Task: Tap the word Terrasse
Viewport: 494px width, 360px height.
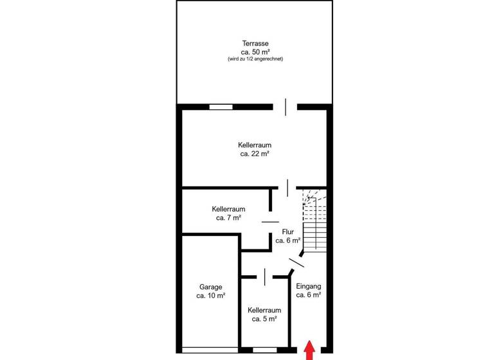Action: click(255, 43)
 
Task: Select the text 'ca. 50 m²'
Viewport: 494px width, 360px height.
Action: click(255, 51)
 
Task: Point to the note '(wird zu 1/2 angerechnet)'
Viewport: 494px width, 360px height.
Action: click(255, 59)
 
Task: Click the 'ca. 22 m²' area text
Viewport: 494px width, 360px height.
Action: click(255, 154)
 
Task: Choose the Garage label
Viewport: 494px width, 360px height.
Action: click(210, 287)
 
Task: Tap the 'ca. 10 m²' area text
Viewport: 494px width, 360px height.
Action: click(210, 296)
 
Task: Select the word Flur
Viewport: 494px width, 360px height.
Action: click(288, 231)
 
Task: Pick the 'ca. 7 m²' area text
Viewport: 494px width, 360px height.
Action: click(229, 218)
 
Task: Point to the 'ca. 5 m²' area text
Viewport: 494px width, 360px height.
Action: click(264, 318)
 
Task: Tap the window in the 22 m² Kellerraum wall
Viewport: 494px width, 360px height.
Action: click(221, 107)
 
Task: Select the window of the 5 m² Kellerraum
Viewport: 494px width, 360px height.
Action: click(264, 350)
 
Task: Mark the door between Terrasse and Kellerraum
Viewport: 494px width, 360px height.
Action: click(285, 107)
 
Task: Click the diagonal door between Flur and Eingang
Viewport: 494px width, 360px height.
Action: click(296, 262)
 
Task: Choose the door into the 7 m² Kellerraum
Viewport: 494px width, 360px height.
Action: click(271, 222)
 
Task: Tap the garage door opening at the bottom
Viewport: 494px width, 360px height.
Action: click(210, 350)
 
